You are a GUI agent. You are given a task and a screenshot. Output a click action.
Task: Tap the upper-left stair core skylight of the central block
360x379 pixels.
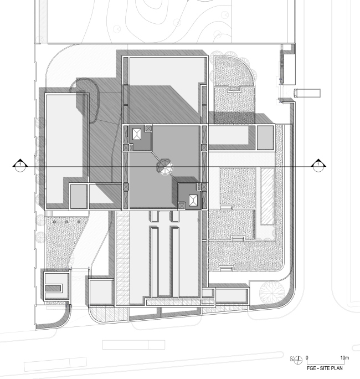[137, 135]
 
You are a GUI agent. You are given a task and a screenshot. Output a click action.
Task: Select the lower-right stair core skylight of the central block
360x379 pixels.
[193, 201]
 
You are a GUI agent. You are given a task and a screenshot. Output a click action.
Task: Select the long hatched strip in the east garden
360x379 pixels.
[267, 197]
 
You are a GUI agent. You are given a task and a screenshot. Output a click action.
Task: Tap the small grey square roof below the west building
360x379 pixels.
[78, 196]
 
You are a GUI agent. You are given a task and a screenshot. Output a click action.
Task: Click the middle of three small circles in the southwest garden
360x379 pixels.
[67, 222]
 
